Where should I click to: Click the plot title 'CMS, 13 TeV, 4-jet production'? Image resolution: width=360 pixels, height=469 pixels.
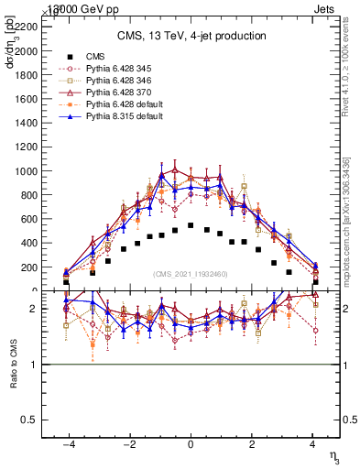coord(191,36)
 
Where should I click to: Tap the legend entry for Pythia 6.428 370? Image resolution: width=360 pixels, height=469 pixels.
coord(110,93)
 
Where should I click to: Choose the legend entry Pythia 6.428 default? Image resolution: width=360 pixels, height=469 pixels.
coord(114,105)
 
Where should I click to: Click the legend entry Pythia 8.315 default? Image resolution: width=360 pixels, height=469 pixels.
coord(114,118)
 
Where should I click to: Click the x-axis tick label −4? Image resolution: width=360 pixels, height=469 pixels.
coord(68,444)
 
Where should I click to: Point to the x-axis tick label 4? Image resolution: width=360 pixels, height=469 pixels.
coord(313,444)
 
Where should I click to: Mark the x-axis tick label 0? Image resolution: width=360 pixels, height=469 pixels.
coord(191,444)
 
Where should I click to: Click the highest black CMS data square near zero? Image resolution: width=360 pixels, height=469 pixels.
coord(191,224)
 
